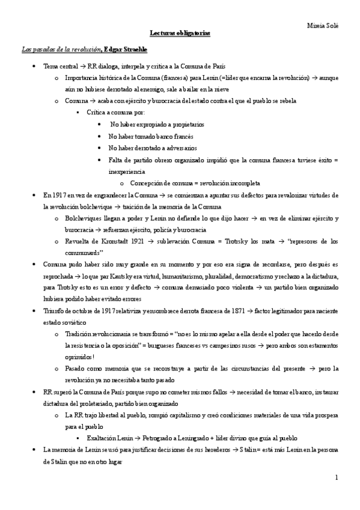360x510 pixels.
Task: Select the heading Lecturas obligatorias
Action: pos(180,35)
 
